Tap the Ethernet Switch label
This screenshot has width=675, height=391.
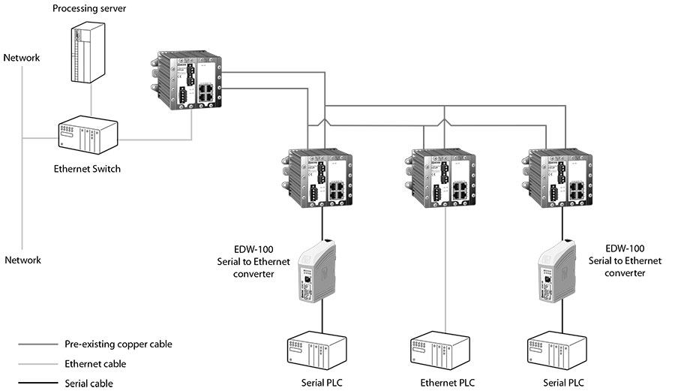[x=87, y=169]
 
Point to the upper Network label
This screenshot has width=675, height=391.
[x=22, y=58]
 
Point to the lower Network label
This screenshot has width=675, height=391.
[x=22, y=260]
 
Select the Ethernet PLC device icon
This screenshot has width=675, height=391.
[x=442, y=351]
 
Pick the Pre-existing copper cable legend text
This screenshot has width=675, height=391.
[x=118, y=344]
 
